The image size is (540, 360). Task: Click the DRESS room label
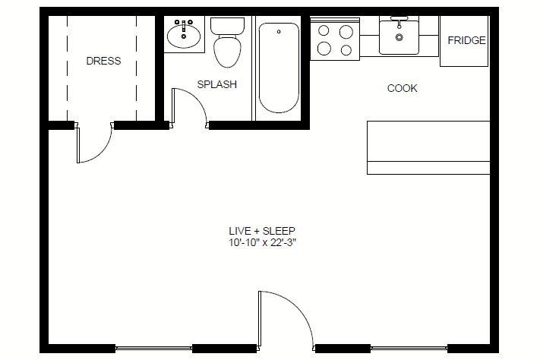(x=103, y=61)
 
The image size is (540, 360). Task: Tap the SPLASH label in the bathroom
(x=217, y=84)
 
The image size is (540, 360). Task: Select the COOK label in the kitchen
(x=403, y=88)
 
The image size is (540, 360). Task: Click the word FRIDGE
(x=466, y=41)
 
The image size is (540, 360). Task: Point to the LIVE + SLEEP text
(x=262, y=231)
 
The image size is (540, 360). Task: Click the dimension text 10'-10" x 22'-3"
(x=263, y=242)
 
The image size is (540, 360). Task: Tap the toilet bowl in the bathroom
(x=227, y=52)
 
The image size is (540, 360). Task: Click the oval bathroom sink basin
(x=184, y=36)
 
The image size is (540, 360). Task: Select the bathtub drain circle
(x=279, y=32)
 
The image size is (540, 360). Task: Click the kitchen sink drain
(x=399, y=37)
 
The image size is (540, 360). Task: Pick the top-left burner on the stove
(x=324, y=30)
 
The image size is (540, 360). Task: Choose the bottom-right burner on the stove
(x=346, y=50)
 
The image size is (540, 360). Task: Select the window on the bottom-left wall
(x=153, y=349)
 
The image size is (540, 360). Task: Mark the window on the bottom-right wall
(x=409, y=349)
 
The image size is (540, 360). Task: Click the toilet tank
(x=227, y=26)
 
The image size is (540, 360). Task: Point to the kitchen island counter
(x=428, y=147)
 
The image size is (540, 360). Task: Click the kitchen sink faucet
(x=399, y=21)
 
